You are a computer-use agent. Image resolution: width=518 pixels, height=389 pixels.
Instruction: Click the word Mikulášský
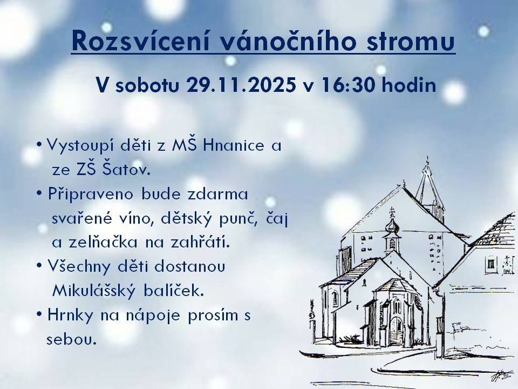pos(95,291)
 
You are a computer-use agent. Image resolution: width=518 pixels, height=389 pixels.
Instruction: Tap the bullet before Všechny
pos(39,266)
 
